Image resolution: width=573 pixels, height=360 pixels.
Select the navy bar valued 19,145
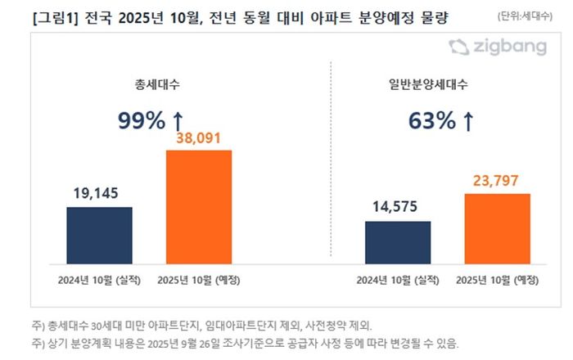point(98,235)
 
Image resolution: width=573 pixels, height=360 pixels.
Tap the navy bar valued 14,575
point(398,242)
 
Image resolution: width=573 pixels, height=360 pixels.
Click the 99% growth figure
point(142,120)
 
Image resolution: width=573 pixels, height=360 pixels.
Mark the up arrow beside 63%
point(468,120)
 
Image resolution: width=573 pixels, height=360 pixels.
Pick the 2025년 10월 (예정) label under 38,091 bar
point(198,280)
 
